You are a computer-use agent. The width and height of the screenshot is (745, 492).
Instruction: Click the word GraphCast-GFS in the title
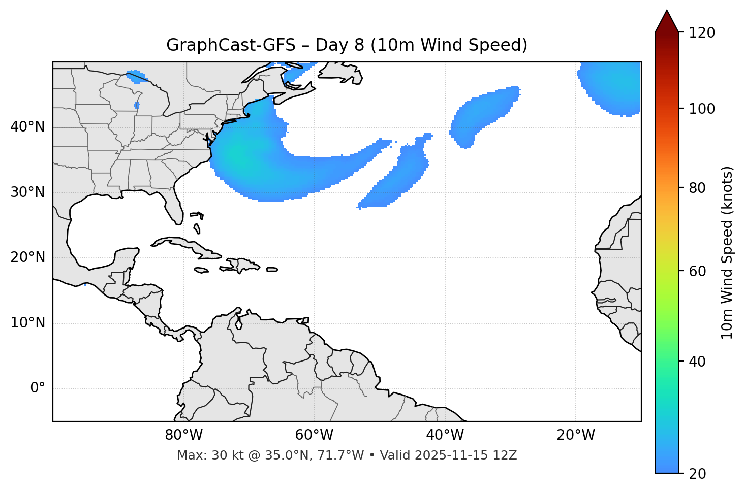pos(231,45)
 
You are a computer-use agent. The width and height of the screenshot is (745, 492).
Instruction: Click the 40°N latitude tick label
pos(27,127)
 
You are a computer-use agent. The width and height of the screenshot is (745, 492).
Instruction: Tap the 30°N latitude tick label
pos(27,192)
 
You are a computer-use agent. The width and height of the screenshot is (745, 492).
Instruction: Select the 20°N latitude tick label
pos(27,257)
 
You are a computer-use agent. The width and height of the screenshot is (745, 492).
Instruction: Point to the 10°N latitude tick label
pos(27,323)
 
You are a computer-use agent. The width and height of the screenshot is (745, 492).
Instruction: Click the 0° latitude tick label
pos(38,388)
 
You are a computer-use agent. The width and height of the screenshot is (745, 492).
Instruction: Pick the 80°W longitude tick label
pos(183,435)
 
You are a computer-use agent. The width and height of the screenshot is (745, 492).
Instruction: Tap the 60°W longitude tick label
pos(314,435)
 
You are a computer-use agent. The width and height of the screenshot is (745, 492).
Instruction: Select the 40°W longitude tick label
pos(445,435)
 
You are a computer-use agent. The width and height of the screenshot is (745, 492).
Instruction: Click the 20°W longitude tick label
pos(575,435)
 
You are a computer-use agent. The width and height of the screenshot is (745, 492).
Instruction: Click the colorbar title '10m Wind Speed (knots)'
pos(728,252)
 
